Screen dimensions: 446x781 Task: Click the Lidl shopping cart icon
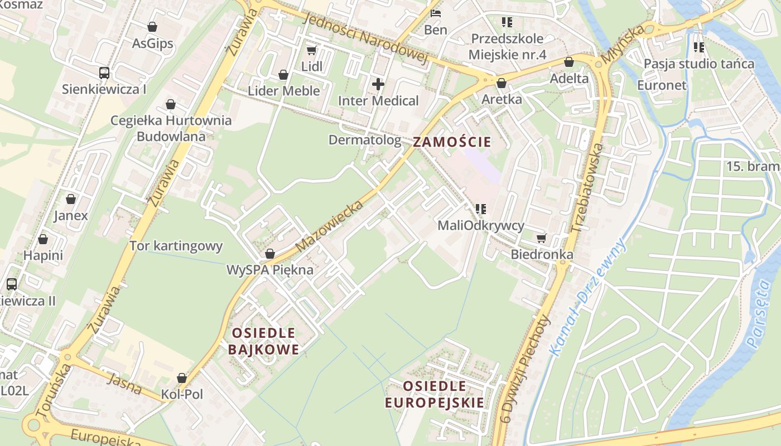coord(311,50)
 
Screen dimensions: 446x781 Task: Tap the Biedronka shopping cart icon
coord(541,239)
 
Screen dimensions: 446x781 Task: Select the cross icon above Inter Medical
coord(378,85)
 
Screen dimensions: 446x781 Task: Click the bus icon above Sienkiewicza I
coord(104,72)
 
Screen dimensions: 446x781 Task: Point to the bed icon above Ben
coord(436,13)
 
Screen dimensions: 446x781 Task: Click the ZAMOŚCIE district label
coord(452,142)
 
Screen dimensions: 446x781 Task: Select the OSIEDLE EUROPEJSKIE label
coord(435,394)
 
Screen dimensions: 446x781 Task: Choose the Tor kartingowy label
coord(176,246)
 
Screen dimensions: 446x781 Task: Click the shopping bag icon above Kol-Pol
coord(181,378)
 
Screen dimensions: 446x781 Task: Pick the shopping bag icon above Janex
coord(71,199)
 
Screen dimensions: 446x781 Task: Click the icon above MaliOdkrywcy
coord(480,209)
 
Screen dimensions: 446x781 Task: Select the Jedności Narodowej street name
coord(365,38)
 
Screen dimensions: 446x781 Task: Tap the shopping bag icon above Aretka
coord(501,83)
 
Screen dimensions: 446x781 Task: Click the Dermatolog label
coord(365,140)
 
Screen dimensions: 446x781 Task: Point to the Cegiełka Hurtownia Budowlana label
coord(171,128)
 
